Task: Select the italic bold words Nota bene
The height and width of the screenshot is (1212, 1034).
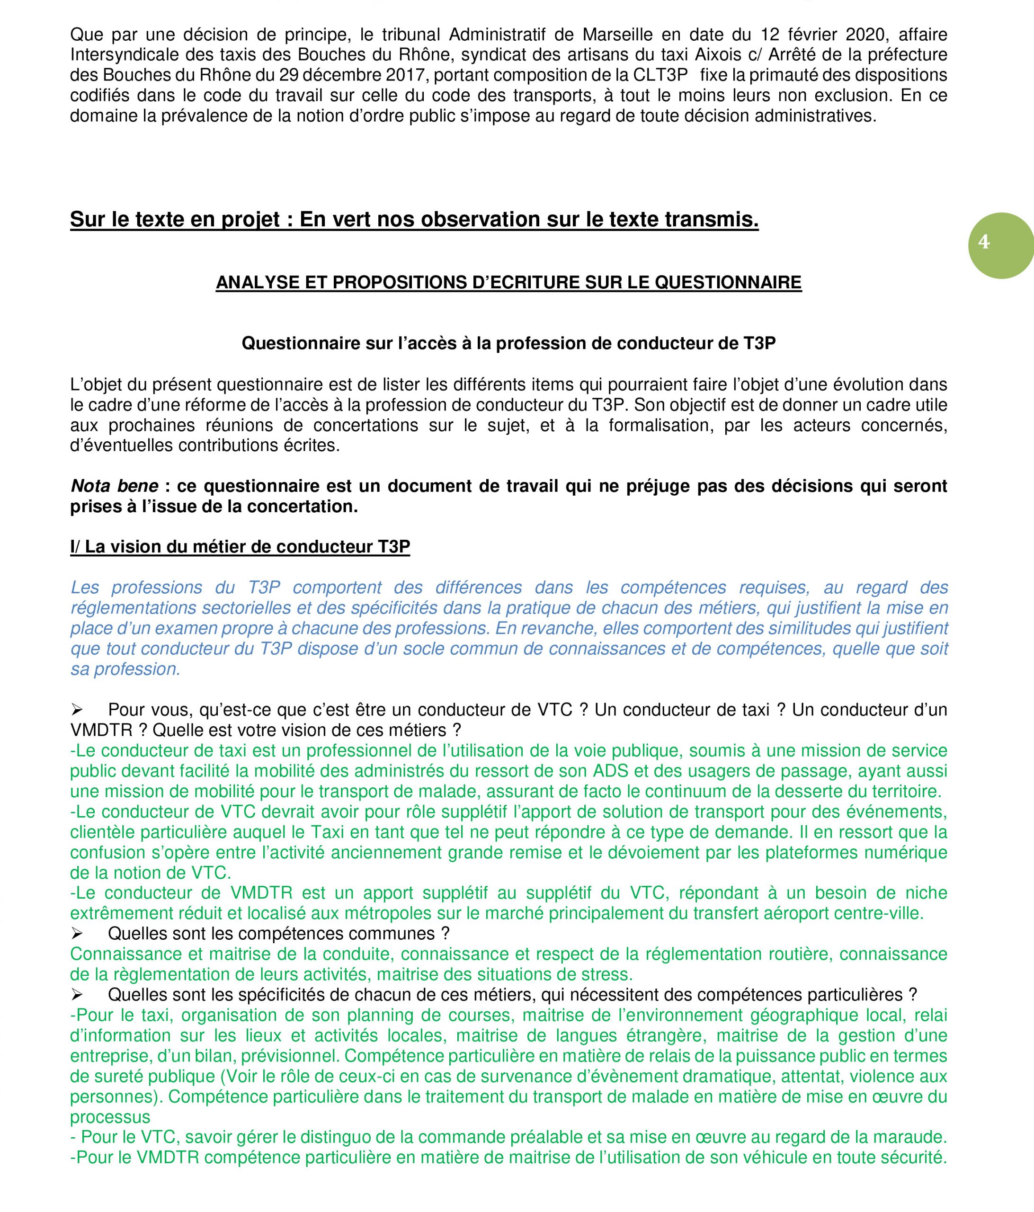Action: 114,486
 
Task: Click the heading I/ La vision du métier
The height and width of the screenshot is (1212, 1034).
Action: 240,547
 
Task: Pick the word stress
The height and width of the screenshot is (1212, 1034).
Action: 606,974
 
